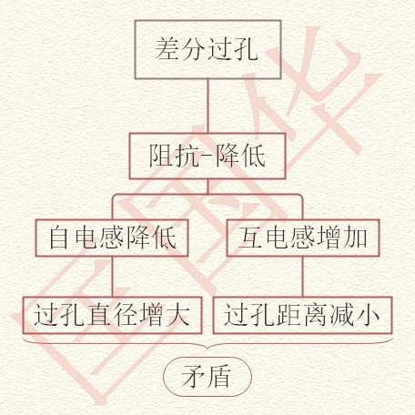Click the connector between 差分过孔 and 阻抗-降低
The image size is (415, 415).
[x=207, y=106]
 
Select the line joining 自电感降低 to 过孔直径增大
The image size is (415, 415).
[x=112, y=277]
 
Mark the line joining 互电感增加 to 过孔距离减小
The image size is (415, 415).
[x=303, y=277]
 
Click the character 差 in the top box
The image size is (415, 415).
[x=167, y=49]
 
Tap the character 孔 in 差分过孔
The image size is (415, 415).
[x=245, y=49]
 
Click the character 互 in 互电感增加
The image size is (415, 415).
[x=250, y=238]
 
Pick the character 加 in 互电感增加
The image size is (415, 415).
[x=356, y=238]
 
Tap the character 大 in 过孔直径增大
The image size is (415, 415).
[x=177, y=315]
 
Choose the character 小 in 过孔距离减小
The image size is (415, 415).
[x=368, y=315]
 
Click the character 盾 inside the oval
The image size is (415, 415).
[x=218, y=377]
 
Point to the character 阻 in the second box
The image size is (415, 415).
[x=161, y=156]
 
